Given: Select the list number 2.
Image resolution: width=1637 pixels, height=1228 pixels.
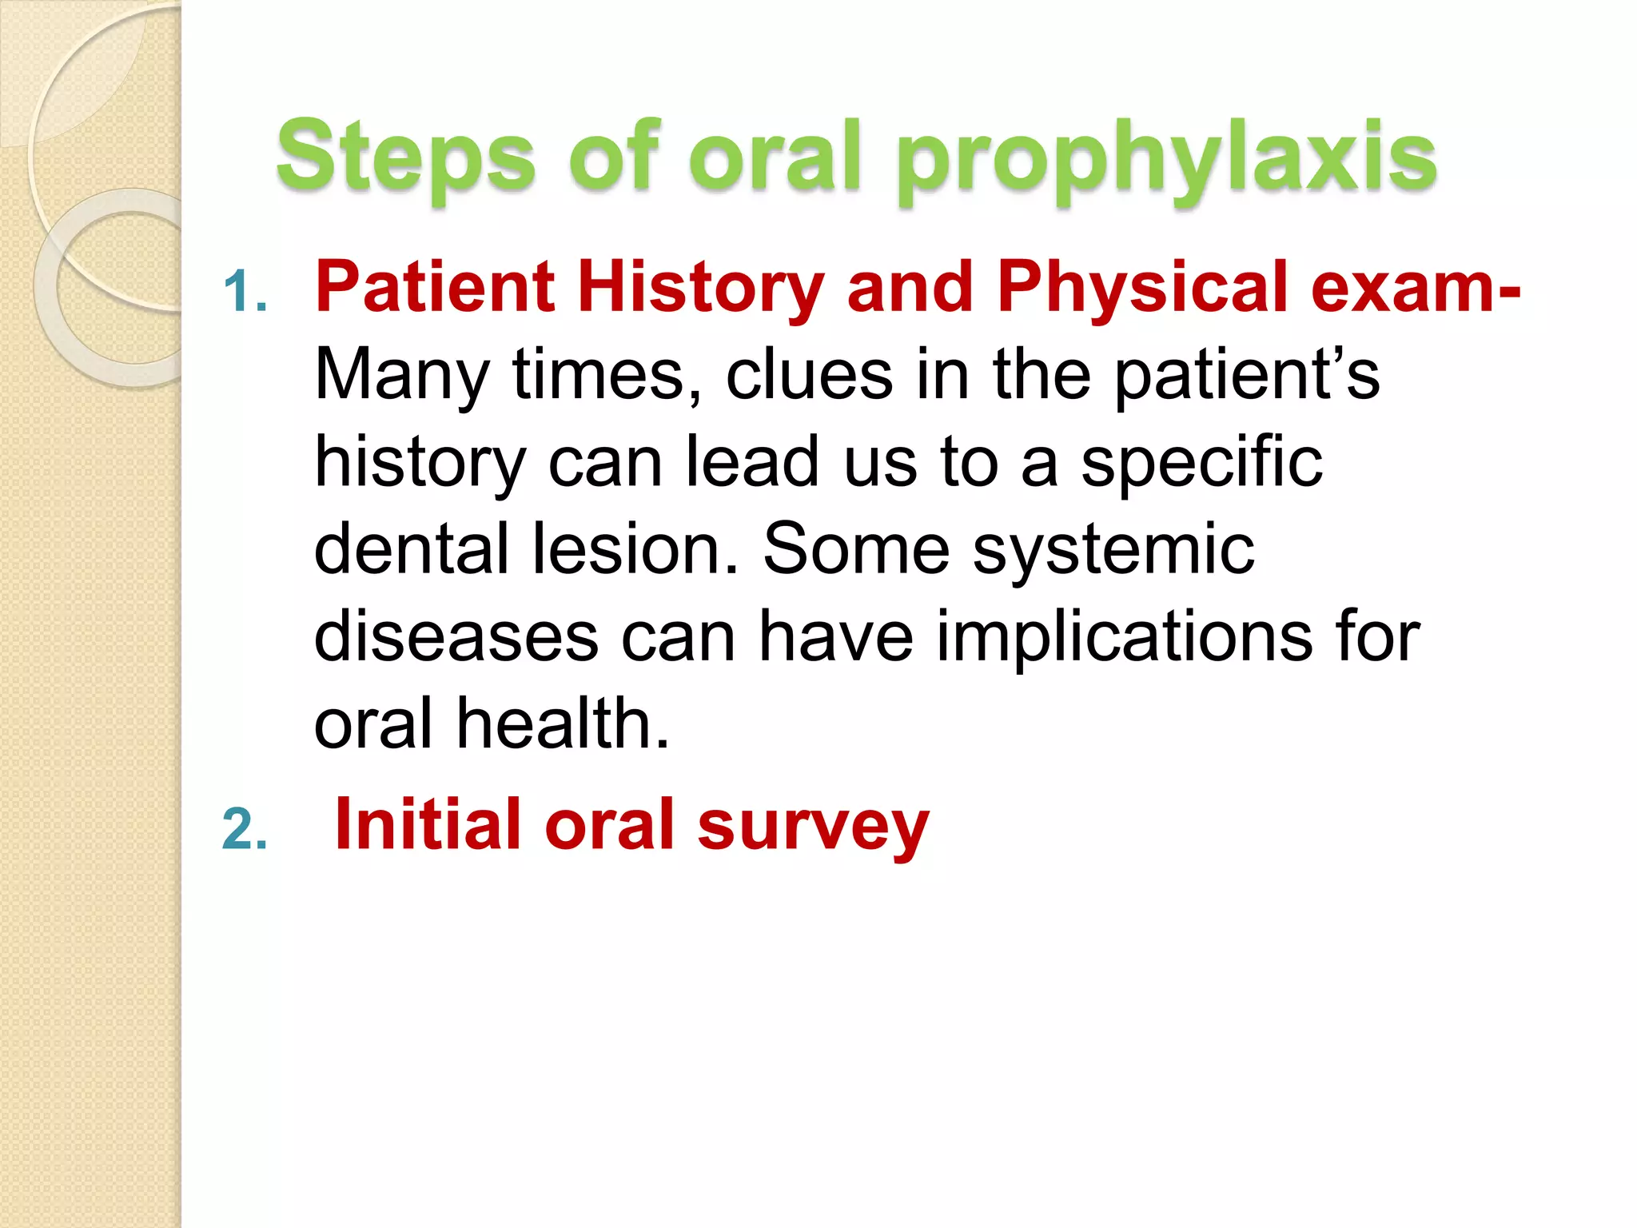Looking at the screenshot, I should (x=245, y=829).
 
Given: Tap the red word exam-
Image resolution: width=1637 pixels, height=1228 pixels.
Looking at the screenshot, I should (x=1416, y=288).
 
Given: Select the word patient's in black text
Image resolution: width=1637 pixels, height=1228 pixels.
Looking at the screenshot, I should (x=1247, y=376).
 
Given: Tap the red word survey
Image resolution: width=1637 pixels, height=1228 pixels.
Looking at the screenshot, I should (x=813, y=828).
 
